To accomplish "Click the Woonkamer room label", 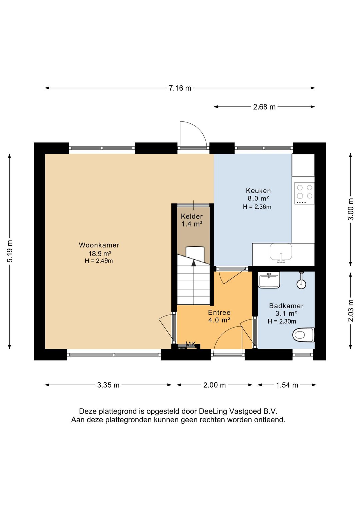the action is (99, 245).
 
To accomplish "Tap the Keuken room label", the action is (258, 191).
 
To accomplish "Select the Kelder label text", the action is (192, 216).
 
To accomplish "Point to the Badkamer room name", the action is (286, 306).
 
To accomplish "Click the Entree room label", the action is (219, 313).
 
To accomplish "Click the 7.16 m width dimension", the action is (180, 88).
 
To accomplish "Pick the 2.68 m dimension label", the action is (264, 107).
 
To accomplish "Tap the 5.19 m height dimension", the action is (10, 251).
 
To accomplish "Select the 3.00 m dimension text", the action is (351, 209).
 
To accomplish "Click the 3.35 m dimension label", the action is (108, 385).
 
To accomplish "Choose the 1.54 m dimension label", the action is (287, 385).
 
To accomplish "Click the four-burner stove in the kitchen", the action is (304, 193).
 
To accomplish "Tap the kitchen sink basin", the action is (281, 251).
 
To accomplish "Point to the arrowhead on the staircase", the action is (194, 263).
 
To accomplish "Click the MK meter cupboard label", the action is (190, 345).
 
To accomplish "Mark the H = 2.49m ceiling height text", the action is (99, 261).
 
